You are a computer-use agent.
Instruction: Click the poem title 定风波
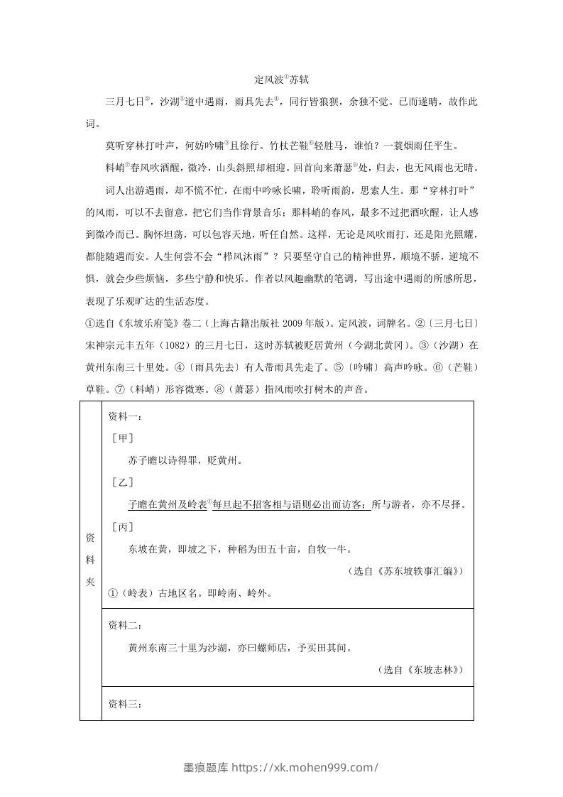[268, 82]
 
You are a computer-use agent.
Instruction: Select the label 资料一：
[125, 416]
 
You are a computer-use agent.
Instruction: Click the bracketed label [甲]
[123, 438]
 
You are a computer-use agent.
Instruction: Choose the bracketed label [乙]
[123, 482]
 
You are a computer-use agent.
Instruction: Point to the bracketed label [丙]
[123, 526]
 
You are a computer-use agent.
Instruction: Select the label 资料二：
[125, 625]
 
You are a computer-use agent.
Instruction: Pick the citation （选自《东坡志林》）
[422, 669]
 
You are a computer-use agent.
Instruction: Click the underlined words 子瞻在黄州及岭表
[168, 504]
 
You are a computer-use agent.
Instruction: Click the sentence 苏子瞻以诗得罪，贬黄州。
[186, 460]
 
